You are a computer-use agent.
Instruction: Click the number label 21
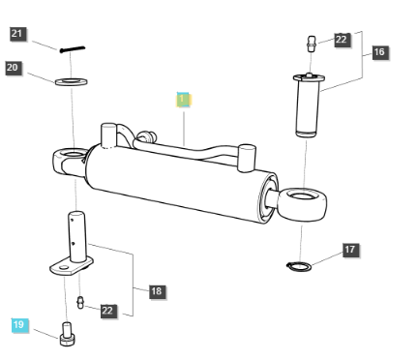click(x=18, y=34)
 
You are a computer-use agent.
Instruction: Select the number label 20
click(x=13, y=67)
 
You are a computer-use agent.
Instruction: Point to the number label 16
click(x=378, y=52)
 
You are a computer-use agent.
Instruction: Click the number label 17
click(x=349, y=250)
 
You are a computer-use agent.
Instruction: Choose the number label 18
click(x=156, y=289)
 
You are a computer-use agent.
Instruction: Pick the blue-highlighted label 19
click(x=20, y=325)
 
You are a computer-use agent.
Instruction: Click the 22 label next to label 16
click(x=342, y=40)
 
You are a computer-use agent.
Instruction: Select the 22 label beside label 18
click(x=107, y=311)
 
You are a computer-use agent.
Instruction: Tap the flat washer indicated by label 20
click(x=69, y=81)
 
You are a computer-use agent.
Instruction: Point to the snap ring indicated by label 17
click(x=298, y=265)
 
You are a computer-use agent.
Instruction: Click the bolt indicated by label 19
click(x=67, y=336)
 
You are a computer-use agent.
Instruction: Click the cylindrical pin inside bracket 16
click(x=308, y=102)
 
